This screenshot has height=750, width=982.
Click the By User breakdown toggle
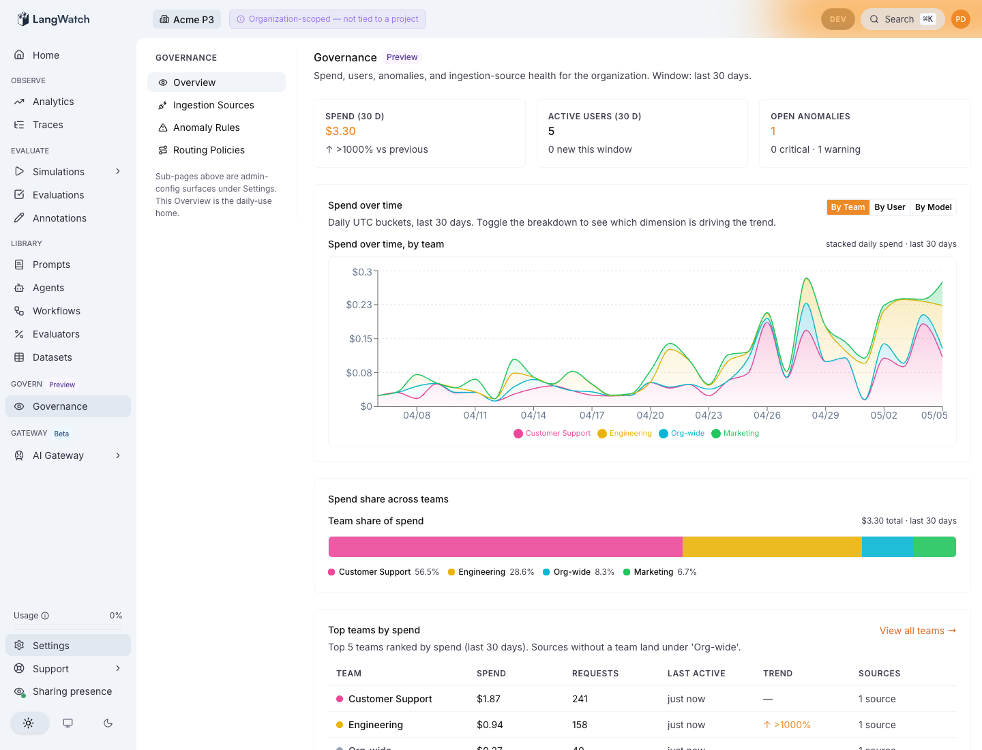coord(889,207)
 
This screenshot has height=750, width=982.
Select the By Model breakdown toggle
coord(933,207)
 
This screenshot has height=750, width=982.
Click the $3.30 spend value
coord(340,131)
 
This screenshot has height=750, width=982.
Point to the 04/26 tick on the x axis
coord(767,415)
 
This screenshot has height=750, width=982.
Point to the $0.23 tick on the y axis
coord(359,305)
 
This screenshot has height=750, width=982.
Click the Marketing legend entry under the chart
coord(735,433)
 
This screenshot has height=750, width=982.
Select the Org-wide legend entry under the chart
coord(681,433)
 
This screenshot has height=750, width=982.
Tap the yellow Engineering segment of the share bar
coord(772,547)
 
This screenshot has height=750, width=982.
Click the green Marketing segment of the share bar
coord(934,547)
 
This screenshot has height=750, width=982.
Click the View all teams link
coord(918,631)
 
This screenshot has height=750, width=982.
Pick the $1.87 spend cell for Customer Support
coord(488,699)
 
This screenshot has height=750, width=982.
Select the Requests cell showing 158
coord(580,725)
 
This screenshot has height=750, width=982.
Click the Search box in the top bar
coord(902,19)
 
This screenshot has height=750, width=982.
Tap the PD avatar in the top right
coord(961,19)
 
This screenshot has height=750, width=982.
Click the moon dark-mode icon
coord(108,723)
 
